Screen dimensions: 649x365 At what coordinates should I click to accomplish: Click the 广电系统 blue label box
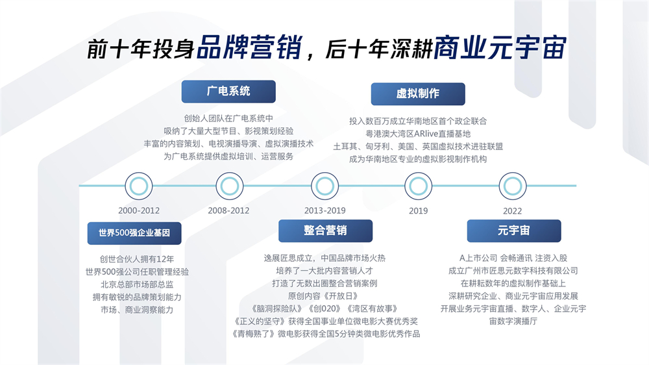tap(228, 92)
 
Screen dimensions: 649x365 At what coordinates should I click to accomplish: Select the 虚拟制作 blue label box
tap(418, 94)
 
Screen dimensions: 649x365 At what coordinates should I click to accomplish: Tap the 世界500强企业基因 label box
tap(134, 233)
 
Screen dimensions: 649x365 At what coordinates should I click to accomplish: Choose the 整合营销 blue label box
tap(325, 231)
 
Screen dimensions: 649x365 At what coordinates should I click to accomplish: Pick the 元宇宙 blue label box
tap(514, 231)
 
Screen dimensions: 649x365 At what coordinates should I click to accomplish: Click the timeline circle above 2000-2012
tap(139, 186)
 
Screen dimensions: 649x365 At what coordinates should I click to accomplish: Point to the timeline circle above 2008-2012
tap(230, 186)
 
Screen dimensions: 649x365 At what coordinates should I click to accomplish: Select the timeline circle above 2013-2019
tap(325, 186)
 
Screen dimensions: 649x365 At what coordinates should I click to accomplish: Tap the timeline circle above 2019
tap(419, 186)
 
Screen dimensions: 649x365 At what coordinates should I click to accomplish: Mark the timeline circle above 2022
tap(513, 186)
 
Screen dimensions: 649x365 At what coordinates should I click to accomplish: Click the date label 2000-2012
tap(139, 210)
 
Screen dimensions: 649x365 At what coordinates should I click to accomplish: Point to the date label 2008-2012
tap(229, 210)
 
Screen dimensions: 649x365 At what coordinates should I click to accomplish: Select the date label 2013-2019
tap(325, 210)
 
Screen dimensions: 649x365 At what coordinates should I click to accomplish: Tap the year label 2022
tap(513, 211)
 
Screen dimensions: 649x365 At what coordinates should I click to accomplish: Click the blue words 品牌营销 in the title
tap(249, 47)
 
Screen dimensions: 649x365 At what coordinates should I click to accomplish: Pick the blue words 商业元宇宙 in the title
tap(500, 47)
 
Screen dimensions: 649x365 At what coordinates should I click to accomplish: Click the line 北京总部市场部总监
tap(137, 284)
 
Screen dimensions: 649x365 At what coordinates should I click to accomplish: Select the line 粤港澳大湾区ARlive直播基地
tap(418, 134)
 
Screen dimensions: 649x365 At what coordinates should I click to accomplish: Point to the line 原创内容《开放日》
tap(323, 296)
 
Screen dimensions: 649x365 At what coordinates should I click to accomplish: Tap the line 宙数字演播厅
tap(513, 321)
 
